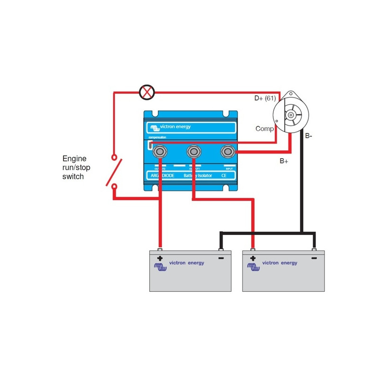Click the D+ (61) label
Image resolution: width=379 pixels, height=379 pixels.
coord(265,99)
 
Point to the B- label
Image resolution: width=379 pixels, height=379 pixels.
coord(309,136)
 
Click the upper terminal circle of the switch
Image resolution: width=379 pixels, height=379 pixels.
coord(114,156)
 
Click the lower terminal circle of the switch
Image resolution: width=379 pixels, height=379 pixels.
coord(114,187)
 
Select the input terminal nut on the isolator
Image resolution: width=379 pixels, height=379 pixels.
coord(228,152)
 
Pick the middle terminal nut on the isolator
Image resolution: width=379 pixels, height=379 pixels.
coord(193,152)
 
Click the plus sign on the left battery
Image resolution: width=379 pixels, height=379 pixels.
coord(160,259)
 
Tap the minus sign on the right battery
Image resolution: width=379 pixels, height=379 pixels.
coord(314,259)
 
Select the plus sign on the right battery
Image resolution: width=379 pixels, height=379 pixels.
coord(253,259)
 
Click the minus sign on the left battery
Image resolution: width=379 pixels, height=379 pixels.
coord(221,259)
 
